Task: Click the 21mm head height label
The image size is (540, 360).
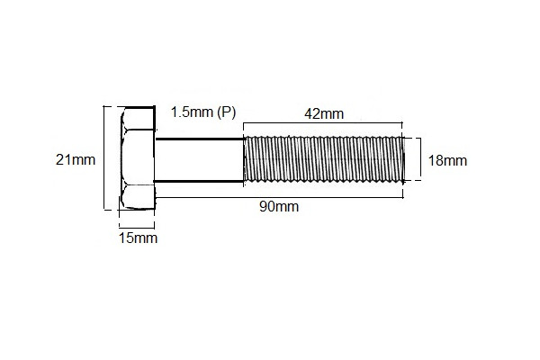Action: coord(75,160)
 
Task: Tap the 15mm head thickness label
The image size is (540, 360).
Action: coord(138,238)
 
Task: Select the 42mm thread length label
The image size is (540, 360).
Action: coord(324,113)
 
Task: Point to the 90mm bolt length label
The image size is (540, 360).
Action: coord(279,206)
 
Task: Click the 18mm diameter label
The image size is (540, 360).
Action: coord(446,161)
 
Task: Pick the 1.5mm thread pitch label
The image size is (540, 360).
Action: coord(190,112)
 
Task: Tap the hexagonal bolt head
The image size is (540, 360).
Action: coord(137,160)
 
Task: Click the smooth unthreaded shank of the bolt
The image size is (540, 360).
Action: coord(200,160)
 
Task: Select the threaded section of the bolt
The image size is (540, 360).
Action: coord(322,160)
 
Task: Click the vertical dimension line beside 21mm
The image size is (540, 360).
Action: coord(104,160)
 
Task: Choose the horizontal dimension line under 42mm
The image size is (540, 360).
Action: coord(324,124)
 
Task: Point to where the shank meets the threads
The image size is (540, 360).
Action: coord(245,160)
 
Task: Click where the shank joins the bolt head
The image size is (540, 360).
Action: coord(157,160)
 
